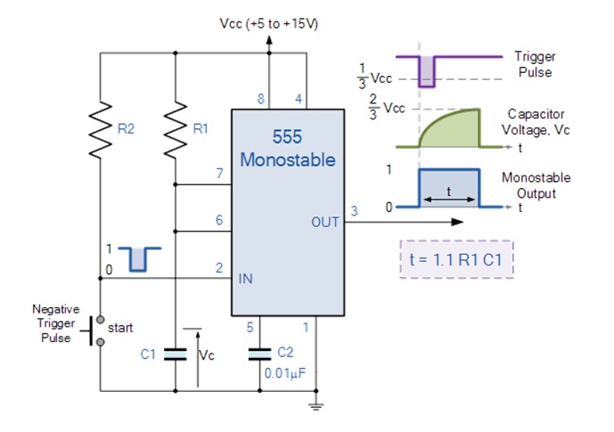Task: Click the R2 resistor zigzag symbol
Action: (100, 130)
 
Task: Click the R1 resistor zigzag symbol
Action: (175, 130)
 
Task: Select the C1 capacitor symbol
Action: (175, 355)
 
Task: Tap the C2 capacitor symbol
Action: (259, 355)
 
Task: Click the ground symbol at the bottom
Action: (316, 406)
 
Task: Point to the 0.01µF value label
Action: (284, 373)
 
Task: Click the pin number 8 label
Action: (261, 99)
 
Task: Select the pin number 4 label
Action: (299, 99)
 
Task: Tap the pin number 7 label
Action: (220, 173)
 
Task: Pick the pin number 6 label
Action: (219, 220)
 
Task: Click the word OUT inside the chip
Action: (325, 223)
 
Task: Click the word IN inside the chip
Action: (246, 279)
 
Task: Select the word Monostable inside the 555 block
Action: (288, 160)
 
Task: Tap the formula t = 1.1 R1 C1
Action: (455, 259)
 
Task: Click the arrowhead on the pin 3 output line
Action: (457, 222)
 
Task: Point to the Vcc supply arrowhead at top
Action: (269, 39)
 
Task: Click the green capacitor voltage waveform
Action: (449, 129)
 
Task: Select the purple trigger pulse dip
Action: (427, 71)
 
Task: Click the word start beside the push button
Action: (120, 328)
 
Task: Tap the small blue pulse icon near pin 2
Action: (139, 259)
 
